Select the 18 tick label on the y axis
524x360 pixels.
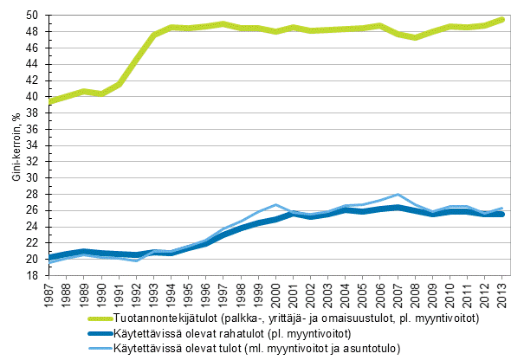coord(31,276)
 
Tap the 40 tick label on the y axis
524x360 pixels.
coord(31,97)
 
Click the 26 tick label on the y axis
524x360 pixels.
coord(31,211)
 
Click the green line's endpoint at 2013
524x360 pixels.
coord(501,19)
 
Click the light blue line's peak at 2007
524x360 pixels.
coord(398,195)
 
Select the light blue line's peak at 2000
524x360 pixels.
coord(276,205)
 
